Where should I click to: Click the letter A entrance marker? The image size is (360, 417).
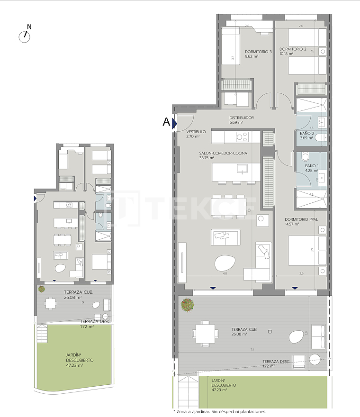point(166,122)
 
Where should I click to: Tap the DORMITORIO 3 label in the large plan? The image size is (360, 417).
point(258,51)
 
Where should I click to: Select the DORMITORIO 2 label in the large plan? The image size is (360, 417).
point(292,49)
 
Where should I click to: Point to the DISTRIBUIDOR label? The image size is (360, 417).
point(242,118)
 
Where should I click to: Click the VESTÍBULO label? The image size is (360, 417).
point(196,132)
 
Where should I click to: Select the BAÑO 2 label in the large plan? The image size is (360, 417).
point(307,134)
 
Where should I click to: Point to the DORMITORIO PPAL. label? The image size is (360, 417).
point(300,219)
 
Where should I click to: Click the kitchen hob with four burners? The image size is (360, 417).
point(242,137)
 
